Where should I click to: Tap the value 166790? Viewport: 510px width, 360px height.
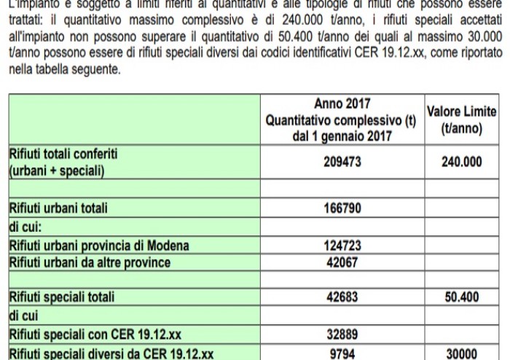tap(342, 208)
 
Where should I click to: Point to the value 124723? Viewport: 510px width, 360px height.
tap(342, 246)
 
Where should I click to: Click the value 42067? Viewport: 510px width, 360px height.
tap(342, 262)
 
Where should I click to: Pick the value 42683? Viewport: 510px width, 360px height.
tap(342, 297)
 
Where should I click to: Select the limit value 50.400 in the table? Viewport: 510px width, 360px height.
tap(461, 297)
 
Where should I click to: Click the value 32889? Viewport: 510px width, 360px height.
tap(342, 335)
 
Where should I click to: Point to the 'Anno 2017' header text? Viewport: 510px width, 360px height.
tap(342, 103)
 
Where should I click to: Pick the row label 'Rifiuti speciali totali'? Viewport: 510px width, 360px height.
tap(62, 297)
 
